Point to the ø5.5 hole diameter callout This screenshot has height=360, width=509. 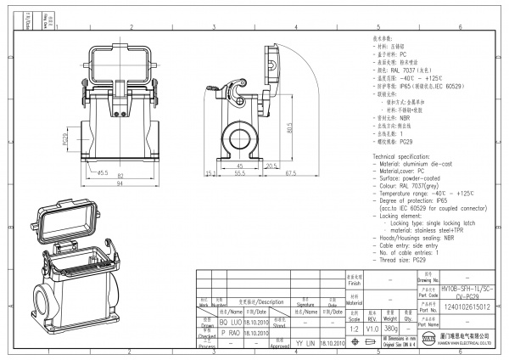(x=103, y=173)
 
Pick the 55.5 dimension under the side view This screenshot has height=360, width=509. (x=240, y=173)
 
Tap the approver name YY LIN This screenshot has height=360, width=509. (x=303, y=345)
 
